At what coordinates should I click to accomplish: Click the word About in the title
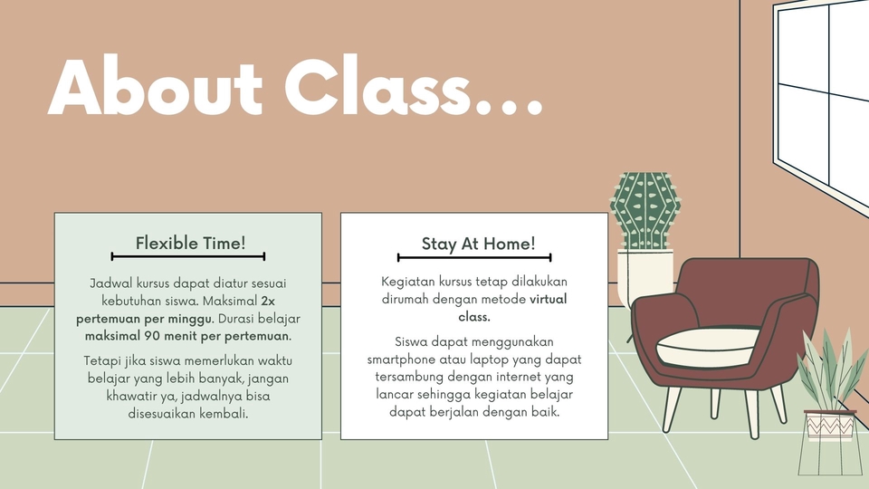coord(155,87)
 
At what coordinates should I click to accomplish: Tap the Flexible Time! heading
coord(190,243)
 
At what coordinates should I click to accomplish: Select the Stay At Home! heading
coord(478,244)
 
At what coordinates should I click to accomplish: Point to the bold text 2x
coord(268,301)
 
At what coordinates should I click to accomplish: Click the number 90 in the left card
coord(152,335)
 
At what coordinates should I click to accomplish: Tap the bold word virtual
coord(549,299)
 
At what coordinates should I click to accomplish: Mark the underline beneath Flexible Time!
coord(188,256)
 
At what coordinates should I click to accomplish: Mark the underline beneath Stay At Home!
coord(474,257)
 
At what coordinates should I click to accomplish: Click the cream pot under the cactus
coord(645,277)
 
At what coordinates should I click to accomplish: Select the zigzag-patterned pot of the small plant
coord(830,426)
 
